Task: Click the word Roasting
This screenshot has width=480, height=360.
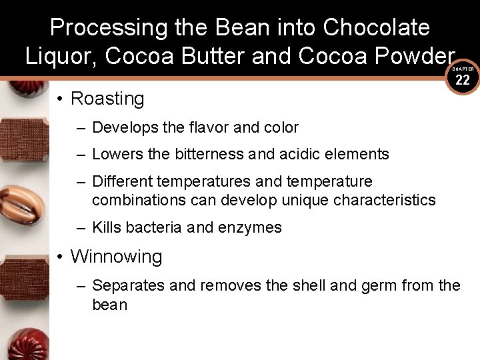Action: [x=107, y=99]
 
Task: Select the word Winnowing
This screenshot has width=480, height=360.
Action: [x=116, y=257]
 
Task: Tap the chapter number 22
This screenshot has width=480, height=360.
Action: [x=463, y=80]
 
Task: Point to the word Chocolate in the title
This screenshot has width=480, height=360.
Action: [x=376, y=27]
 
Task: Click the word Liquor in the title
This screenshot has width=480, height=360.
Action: [x=61, y=57]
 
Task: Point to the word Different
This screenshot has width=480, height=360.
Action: [x=123, y=181]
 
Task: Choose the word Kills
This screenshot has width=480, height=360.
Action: [x=107, y=227]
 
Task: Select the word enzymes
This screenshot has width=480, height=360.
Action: [x=249, y=227]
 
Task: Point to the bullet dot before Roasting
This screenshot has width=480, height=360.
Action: [x=60, y=99]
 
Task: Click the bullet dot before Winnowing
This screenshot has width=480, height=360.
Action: [x=60, y=257]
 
